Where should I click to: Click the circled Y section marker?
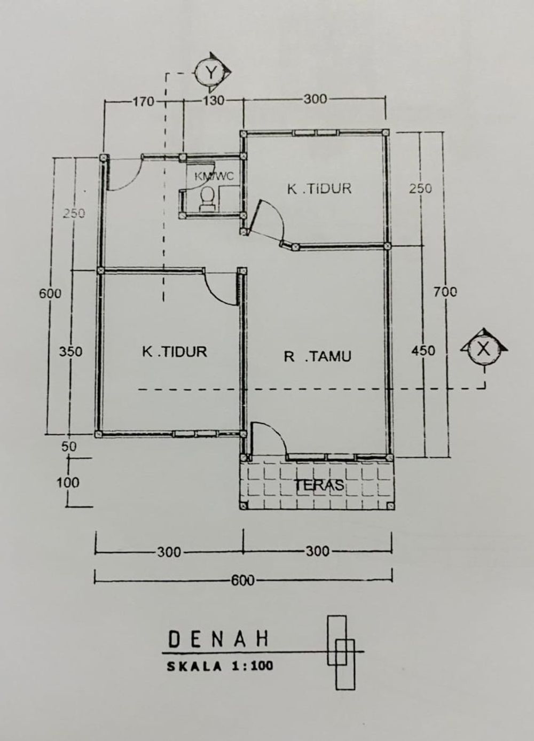point(211,72)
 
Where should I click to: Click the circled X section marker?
point(484,348)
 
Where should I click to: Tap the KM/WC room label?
point(214,176)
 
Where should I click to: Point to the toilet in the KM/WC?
point(208,199)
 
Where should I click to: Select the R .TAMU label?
point(317,356)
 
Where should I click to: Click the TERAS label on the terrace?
point(319,485)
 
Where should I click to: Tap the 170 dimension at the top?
point(144,101)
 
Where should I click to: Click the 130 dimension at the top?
point(213,100)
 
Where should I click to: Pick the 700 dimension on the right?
point(445,292)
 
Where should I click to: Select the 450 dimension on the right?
point(423,350)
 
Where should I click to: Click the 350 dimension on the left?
point(71,352)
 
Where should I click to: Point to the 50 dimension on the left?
point(69,447)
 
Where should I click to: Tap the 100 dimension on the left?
point(68,483)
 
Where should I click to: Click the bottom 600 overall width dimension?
point(243,581)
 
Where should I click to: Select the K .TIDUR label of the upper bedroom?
point(319,189)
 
